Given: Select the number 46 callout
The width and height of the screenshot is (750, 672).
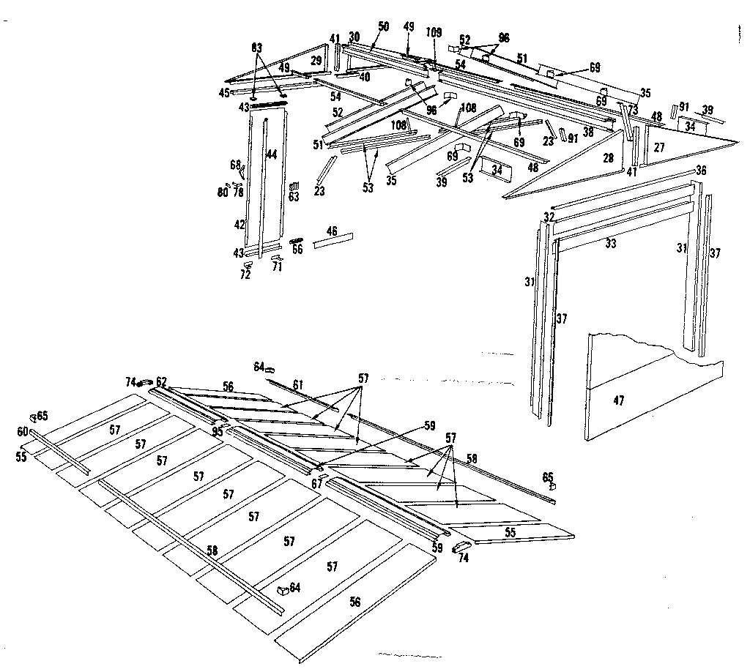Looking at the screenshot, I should coord(332,231).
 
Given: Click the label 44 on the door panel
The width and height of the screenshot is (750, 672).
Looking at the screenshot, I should coord(271,154).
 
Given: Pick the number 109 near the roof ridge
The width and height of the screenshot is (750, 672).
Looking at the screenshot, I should coord(434,32).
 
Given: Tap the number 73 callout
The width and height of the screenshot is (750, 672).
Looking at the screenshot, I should coord(632,109).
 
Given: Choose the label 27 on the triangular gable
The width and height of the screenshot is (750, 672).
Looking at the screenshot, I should coord(659,147).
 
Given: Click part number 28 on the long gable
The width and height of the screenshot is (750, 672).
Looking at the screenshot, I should coord(608,158).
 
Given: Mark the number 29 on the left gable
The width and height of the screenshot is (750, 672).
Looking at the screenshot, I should coord(316,60).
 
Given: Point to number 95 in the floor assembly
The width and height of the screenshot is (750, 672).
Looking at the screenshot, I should coord(218,431).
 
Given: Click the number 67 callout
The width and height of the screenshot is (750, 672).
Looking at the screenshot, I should coord(317,483).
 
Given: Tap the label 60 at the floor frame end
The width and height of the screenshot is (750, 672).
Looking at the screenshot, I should coord(23,431).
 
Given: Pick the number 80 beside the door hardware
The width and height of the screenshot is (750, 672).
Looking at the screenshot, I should coord(222,193).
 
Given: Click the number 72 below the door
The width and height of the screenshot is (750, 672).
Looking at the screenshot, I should coord(245,275).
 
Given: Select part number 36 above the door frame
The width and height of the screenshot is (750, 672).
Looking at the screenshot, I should coord(701,171).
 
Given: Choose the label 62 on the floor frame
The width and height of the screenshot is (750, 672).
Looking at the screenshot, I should coord(161,381).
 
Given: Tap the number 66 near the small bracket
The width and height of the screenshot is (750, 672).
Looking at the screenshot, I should coord(297,250).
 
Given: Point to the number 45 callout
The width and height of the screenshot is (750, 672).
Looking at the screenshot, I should coord(224,92).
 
